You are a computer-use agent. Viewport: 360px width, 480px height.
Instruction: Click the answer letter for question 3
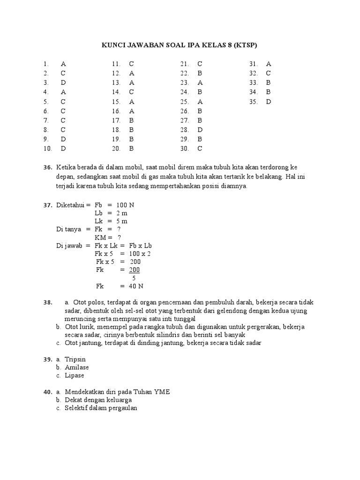(63, 82)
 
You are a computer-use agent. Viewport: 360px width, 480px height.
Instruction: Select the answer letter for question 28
(200, 130)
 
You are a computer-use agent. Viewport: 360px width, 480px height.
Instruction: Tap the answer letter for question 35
(269, 101)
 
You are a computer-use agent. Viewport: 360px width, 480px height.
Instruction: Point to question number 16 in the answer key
(116, 111)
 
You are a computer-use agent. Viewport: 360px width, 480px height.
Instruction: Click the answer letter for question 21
(200, 64)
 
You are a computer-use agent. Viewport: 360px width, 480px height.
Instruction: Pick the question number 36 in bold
(47, 167)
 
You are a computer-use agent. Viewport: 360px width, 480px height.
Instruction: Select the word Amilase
(77, 367)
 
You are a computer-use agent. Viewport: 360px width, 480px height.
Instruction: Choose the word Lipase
(75, 375)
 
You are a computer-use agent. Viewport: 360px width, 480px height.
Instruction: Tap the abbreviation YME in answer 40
(161, 392)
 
